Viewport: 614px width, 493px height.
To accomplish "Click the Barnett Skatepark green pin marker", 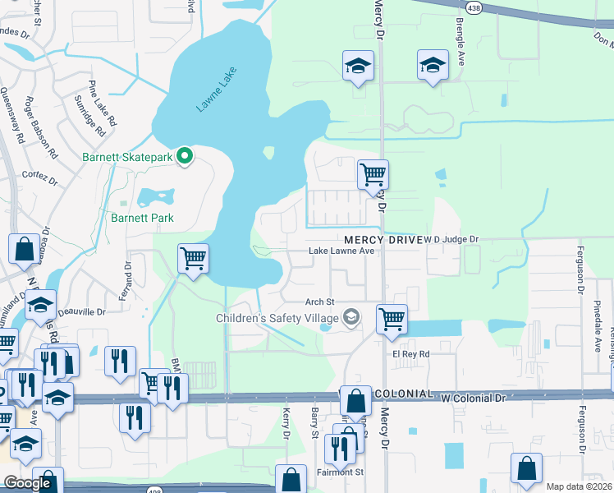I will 186,154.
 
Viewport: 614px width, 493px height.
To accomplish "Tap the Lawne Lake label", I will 215,90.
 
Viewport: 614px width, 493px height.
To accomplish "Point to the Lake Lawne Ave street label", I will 341,251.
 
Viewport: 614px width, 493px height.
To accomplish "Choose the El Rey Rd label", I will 410,354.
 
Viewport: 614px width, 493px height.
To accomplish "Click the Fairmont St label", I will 340,472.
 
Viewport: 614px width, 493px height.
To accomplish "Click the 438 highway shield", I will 474,7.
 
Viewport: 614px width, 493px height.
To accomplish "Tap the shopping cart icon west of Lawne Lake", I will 193,259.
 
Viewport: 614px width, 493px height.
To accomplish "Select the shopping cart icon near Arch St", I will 392,318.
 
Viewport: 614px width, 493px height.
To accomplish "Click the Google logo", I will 27,483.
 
